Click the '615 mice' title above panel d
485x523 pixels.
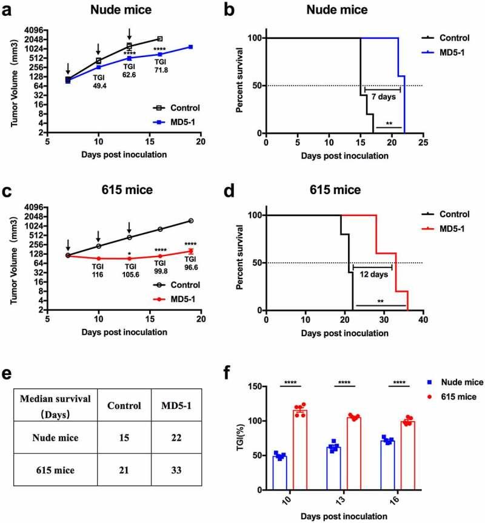342,190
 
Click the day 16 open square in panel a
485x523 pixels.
159,39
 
